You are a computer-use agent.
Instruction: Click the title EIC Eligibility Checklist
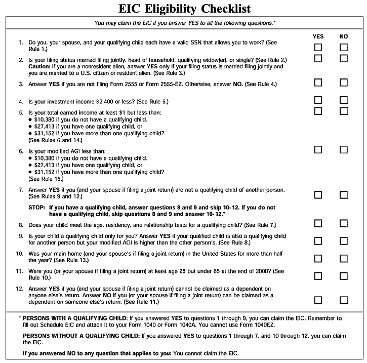[x=185, y=9]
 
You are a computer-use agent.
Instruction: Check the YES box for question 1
[x=318, y=47]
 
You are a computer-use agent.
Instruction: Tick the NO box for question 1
[x=344, y=47]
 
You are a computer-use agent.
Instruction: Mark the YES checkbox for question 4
[x=318, y=100]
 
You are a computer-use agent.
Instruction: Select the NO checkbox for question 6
[x=344, y=149]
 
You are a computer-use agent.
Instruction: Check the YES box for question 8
[x=318, y=223]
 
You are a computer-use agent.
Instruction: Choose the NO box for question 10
[x=344, y=258]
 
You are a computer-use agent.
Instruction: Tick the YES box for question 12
[x=318, y=300]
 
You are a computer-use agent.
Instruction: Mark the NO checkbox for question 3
[x=344, y=83]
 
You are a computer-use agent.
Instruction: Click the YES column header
[x=318, y=36]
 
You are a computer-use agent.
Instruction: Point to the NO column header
[x=344, y=36]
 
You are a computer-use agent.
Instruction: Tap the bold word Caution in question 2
[x=40, y=66]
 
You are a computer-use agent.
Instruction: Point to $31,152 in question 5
[x=45, y=133]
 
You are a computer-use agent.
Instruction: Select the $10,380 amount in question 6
[x=45, y=158]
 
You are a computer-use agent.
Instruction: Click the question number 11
[x=20, y=271]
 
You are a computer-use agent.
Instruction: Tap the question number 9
[x=21, y=236]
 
